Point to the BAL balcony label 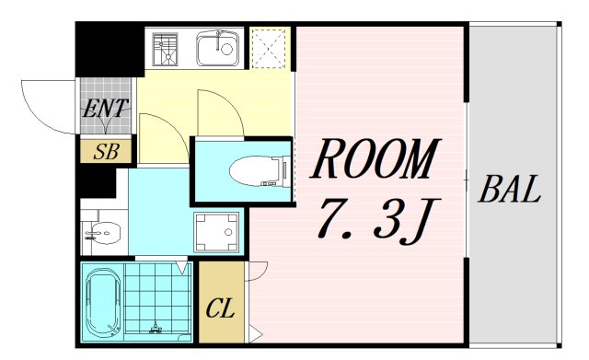pos(509,192)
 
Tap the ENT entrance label pos(105,107)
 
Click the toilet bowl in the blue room pos(253,169)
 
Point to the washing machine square pos(216,232)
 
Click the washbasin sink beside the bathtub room pos(104,235)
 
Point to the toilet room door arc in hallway pos(219,110)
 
